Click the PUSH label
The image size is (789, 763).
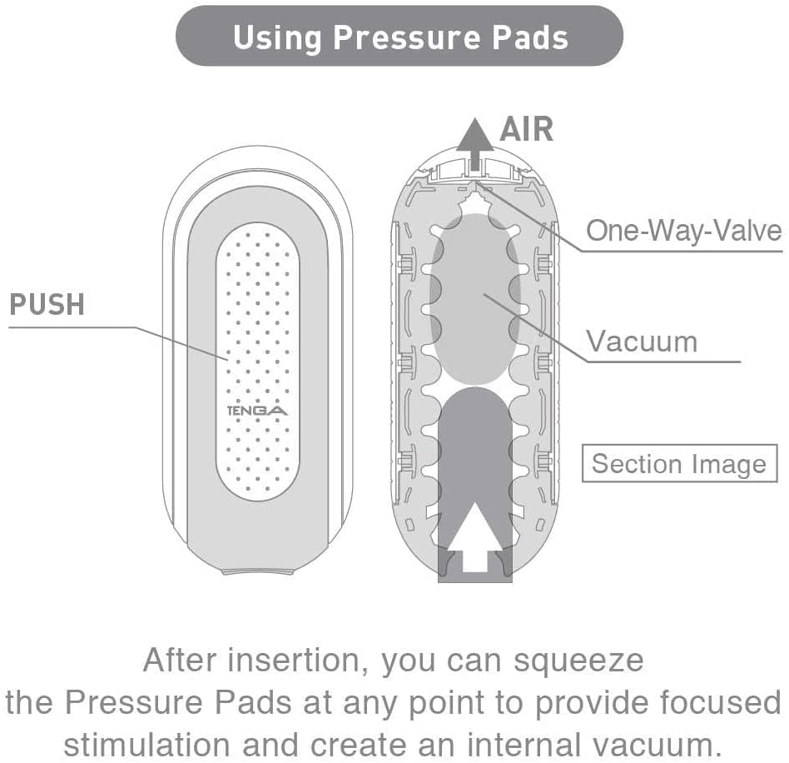47,305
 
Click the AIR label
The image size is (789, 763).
526,130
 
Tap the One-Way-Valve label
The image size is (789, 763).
683,230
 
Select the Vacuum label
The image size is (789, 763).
641,342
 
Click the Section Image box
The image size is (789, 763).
679,464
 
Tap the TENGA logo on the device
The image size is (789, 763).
257,411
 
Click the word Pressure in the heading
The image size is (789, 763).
403,37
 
